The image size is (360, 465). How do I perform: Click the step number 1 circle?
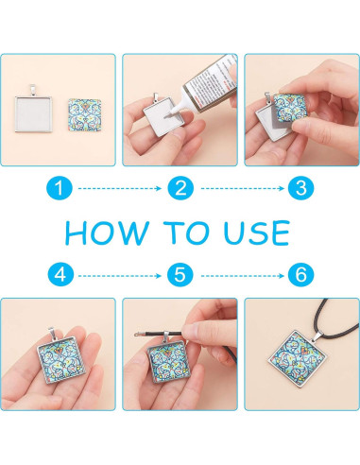(x=60, y=188)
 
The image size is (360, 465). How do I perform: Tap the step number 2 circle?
(x=180, y=188)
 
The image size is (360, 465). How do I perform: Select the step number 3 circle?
(x=301, y=188)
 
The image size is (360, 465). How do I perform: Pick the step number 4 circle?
(x=60, y=275)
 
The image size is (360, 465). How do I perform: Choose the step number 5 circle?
(x=180, y=275)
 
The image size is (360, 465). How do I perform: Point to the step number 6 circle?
(x=301, y=275)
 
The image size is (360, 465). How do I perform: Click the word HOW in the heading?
(x=107, y=232)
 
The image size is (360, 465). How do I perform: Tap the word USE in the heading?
(x=256, y=232)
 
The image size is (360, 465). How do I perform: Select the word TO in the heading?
(x=186, y=232)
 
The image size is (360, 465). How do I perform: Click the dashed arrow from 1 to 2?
(x=120, y=188)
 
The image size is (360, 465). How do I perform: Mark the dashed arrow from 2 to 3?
(x=243, y=188)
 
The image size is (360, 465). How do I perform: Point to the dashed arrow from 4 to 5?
(x=120, y=276)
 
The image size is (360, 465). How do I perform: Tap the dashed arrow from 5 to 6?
(x=243, y=276)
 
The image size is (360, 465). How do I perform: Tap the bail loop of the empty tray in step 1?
(x=33, y=90)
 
